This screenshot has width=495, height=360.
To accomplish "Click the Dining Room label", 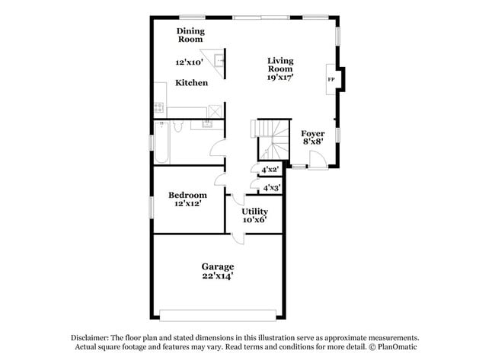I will point(190,35).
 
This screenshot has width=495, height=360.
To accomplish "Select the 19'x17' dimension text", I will point(280,77).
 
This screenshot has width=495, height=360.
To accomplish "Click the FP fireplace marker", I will point(331,79).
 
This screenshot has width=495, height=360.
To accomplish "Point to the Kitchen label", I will point(191,82).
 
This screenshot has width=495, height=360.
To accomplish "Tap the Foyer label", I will point(312,133).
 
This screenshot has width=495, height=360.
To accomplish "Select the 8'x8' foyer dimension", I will point(312,142).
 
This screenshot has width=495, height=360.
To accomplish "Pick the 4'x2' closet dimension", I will point(270,170).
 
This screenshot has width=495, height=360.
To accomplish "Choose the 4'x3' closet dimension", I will point(271,187).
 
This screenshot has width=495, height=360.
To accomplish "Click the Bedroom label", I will point(187,195).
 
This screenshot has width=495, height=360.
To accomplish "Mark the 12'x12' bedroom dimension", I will point(187,203).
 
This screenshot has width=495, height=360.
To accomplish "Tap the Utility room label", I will point(254,211).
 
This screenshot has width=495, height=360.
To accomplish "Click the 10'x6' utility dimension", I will point(254,220).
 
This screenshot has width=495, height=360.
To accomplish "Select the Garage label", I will point(217,266).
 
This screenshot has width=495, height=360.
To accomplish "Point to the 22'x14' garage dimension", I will point(217,276).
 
